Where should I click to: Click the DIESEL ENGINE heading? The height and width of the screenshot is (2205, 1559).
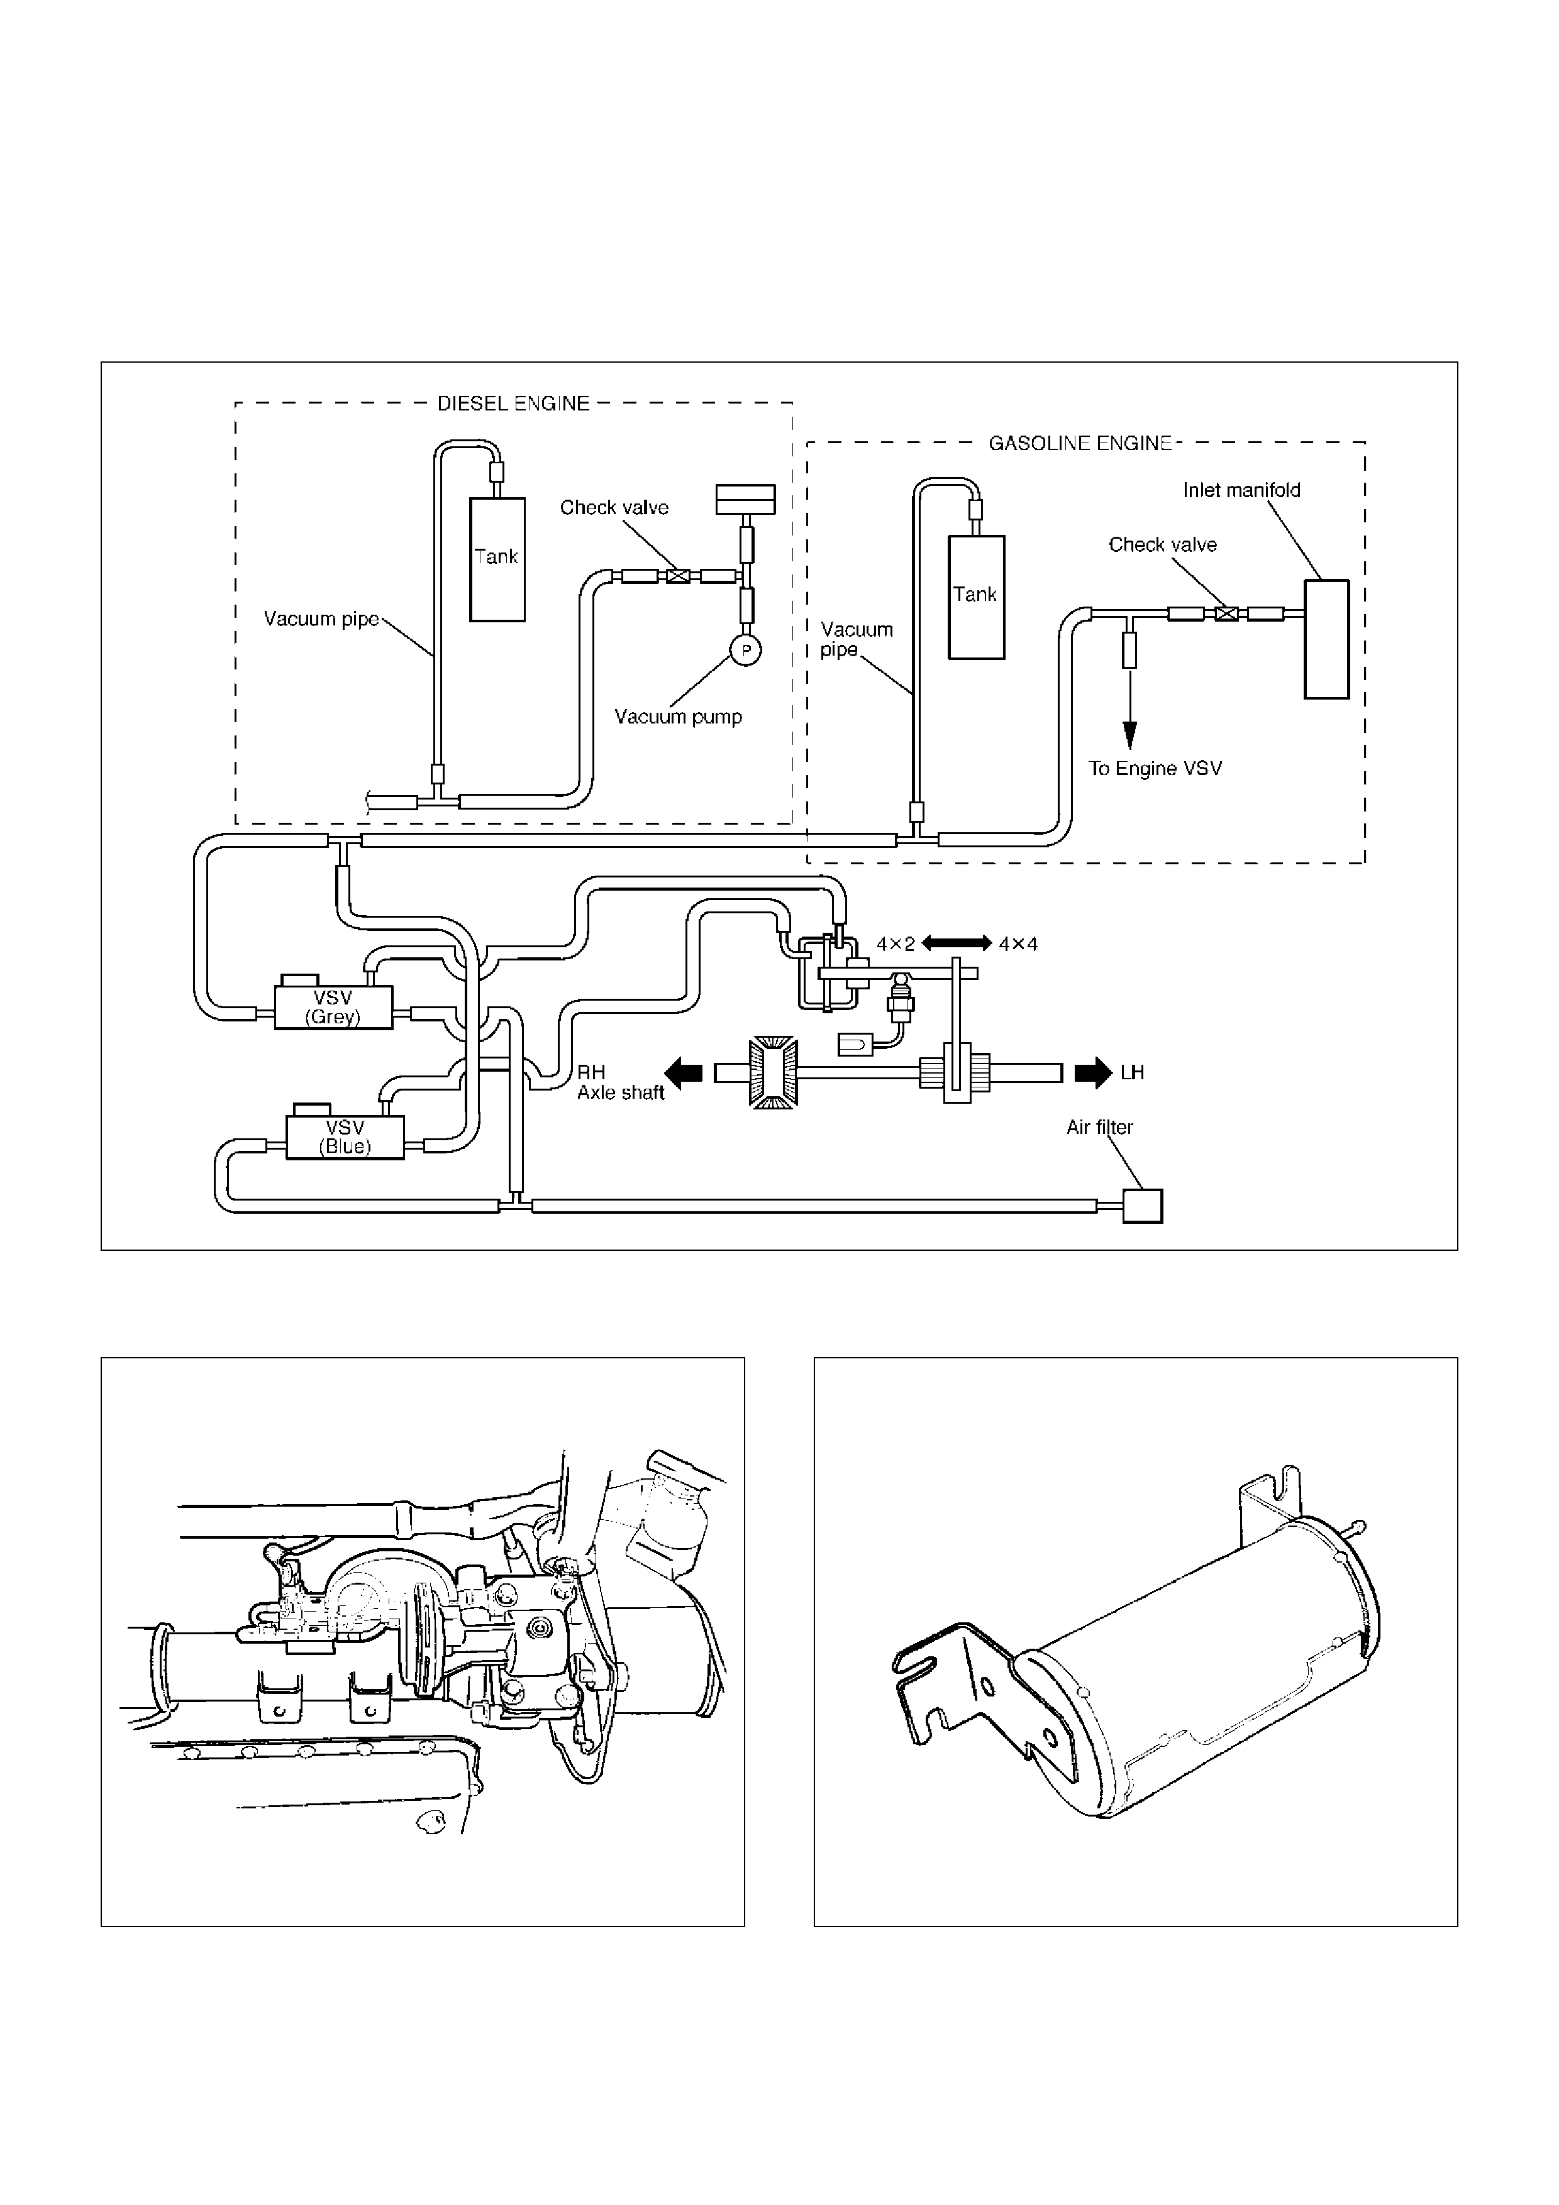513,404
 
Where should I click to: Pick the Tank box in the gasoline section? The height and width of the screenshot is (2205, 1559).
976,597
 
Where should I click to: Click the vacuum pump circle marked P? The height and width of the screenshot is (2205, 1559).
745,650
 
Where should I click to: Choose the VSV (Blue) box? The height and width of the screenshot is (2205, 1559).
345,1137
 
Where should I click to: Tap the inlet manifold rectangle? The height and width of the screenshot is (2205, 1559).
1326,639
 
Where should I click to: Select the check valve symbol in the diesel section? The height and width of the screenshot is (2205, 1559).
678,576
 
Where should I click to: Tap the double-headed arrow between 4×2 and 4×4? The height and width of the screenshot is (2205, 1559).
956,943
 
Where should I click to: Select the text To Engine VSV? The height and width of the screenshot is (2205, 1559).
1155,768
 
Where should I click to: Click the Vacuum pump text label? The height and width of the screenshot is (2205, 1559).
678,717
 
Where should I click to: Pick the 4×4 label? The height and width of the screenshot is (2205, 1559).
1018,944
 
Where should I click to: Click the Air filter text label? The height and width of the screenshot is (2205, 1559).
1100,1128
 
